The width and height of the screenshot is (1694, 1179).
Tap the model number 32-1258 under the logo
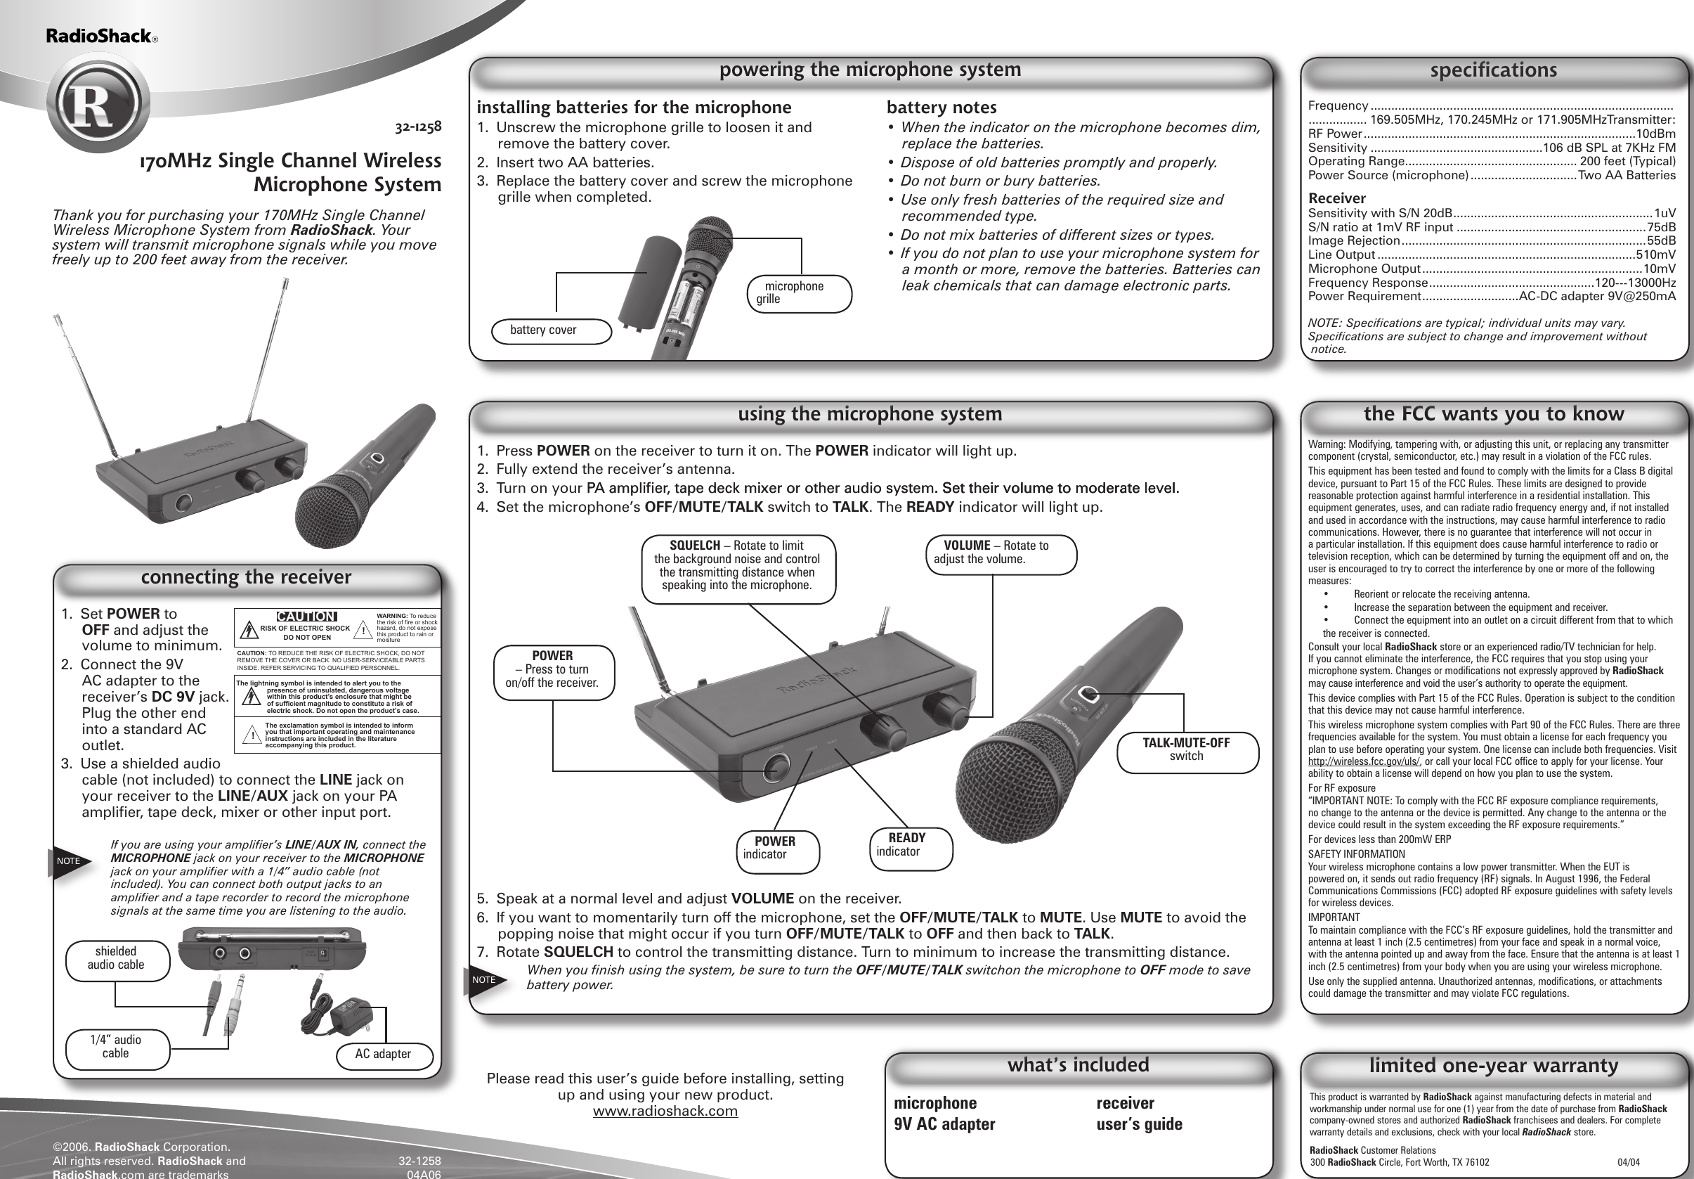[417, 127]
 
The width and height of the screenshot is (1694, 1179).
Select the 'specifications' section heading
[1493, 70]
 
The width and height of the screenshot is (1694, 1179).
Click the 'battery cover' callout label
[550, 330]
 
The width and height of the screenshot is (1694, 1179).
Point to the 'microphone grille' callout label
[799, 293]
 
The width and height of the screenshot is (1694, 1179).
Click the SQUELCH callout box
[736, 565]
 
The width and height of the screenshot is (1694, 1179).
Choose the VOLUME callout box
[1000, 553]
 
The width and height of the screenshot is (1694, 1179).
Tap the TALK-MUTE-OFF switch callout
[1187, 749]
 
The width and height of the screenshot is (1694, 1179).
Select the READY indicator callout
[909, 844]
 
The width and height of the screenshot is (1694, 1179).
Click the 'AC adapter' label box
[383, 1053]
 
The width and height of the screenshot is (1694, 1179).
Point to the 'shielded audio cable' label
[116, 958]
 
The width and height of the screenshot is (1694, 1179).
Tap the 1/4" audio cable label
[116, 1047]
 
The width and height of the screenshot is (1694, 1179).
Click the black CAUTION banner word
[306, 617]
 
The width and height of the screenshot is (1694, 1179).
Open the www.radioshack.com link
[665, 1111]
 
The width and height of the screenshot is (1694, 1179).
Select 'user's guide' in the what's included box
[1139, 1124]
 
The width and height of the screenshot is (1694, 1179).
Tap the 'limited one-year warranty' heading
[1493, 1065]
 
